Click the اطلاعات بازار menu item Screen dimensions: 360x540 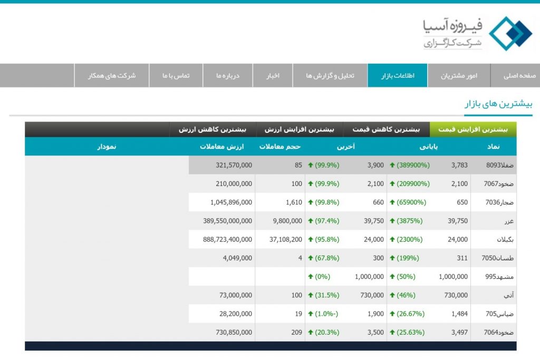[398, 75]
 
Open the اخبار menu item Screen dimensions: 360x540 [272, 75]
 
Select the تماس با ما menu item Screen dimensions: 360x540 [176, 75]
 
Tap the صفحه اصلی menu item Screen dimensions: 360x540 [519, 75]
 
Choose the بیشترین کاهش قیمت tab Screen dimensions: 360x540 [387, 129]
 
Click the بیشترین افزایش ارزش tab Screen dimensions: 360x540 [300, 129]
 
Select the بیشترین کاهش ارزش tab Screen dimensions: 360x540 [213, 129]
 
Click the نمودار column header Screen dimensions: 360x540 [106, 147]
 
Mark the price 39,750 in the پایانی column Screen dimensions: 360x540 [456, 221]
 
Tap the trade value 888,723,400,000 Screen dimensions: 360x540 [227, 239]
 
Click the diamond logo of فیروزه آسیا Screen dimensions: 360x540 [510, 33]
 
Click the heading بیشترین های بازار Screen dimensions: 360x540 [498, 104]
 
